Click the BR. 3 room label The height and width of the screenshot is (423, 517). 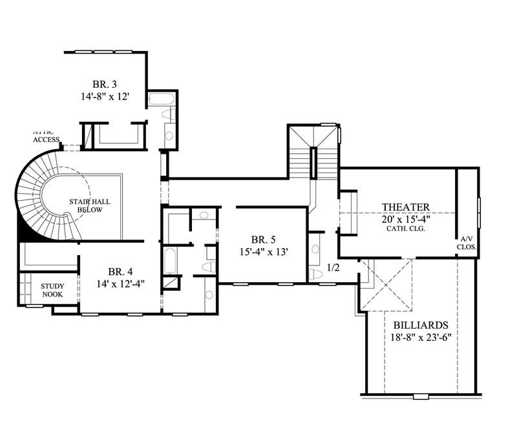tap(104, 83)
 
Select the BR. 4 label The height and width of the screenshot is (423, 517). tap(121, 271)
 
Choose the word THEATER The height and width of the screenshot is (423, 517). tap(405, 207)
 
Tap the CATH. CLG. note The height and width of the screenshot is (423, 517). tap(405, 229)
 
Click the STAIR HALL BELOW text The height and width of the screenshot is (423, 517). tap(90, 205)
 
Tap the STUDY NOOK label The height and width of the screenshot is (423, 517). tap(52, 289)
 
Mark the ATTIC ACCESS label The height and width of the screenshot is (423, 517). tap(46, 136)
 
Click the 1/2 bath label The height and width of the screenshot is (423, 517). tap(333, 266)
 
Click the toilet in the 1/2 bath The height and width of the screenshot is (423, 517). tap(316, 274)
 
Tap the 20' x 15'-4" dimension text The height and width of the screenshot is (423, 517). tap(405, 218)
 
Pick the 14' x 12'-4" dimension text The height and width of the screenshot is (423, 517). tap(121, 282)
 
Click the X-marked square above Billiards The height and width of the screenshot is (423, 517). tap(386, 285)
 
